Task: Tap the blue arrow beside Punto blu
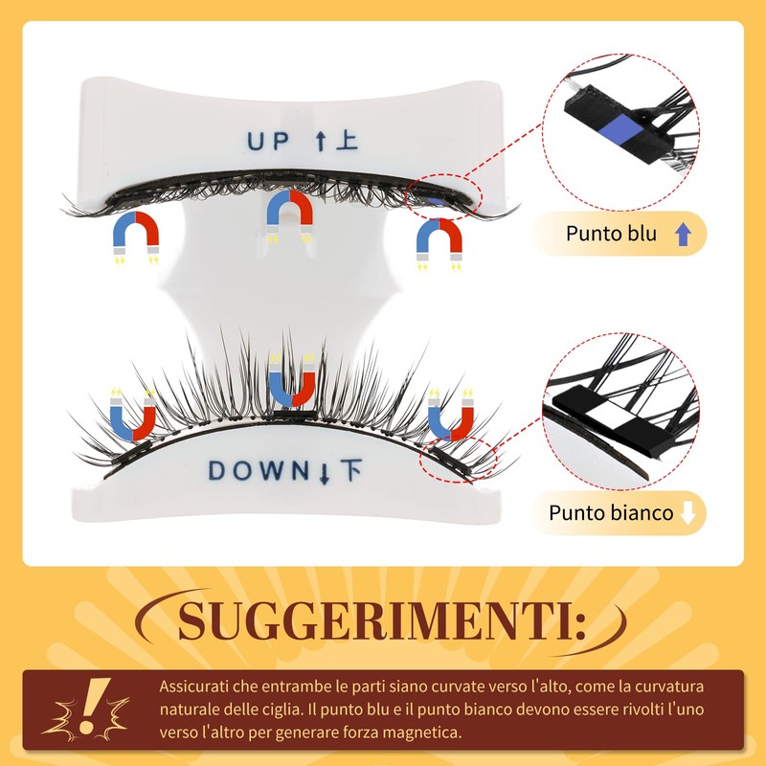click(x=683, y=234)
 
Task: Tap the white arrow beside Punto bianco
click(x=687, y=513)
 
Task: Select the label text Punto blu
click(x=611, y=234)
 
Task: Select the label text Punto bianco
click(x=610, y=513)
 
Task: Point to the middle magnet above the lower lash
click(x=292, y=379)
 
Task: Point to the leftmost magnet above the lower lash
click(x=133, y=412)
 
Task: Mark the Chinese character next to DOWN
click(x=351, y=470)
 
